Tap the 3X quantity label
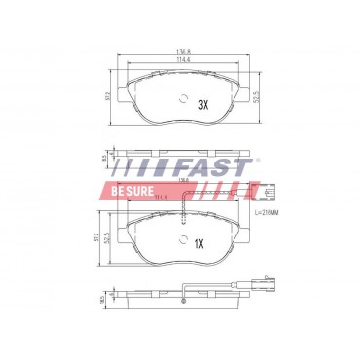[202, 103]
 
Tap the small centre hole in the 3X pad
[183, 98]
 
